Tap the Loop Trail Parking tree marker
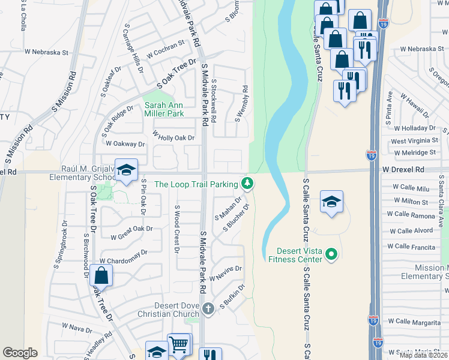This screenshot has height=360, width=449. tap(247, 182)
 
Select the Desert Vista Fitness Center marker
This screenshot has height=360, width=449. tap(331, 256)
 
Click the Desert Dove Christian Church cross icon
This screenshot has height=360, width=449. tap(208, 309)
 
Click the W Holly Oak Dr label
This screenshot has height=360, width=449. tap(175, 137)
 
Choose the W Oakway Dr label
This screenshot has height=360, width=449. tap(125, 144)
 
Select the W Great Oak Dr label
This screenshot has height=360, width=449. tap(131, 229)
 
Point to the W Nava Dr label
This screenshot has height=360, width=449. tap(77, 327)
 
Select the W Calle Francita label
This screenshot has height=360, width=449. tap(415, 246)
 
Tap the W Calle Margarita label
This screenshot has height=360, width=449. tap(415, 322)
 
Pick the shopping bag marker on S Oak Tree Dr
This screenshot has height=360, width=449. tap(101, 277)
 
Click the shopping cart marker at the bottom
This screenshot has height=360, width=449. tap(178, 344)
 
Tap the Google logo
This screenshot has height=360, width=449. tap(20, 353)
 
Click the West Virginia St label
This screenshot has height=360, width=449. tap(414, 140)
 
